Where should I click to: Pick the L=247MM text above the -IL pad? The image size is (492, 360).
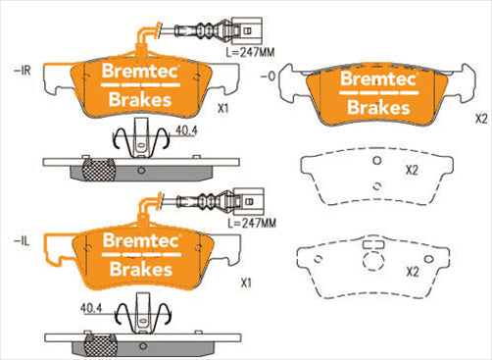click(x=252, y=224)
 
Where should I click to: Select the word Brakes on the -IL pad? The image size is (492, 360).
click(x=139, y=269)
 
